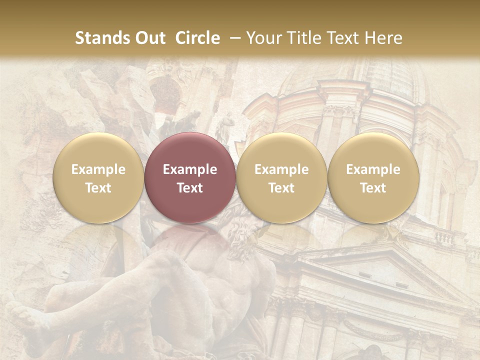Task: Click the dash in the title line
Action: click(x=233, y=38)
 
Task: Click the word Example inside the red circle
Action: click(x=190, y=169)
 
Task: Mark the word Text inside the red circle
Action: click(x=190, y=188)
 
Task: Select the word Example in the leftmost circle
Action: click(x=98, y=169)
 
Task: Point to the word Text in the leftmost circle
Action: click(x=98, y=188)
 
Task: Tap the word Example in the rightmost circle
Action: click(x=373, y=169)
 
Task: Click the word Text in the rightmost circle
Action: click(x=373, y=188)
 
